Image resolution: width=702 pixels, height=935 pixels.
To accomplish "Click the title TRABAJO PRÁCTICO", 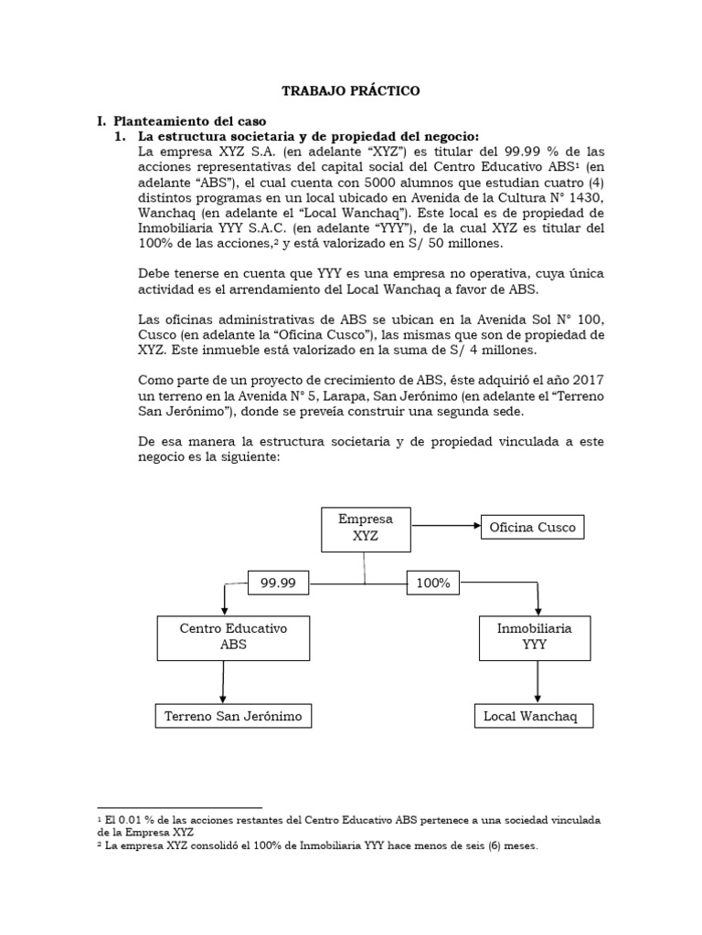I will (x=351, y=91).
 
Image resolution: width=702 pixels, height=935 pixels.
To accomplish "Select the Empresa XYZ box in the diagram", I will (x=365, y=528).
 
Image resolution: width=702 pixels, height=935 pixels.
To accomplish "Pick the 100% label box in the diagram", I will (x=433, y=582).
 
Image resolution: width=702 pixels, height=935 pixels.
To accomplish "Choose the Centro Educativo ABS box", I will (x=221, y=636).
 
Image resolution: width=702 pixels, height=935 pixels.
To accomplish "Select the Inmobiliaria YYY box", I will (x=537, y=636).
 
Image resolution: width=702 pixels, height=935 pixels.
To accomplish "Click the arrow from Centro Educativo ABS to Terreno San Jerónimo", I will (x=221, y=681).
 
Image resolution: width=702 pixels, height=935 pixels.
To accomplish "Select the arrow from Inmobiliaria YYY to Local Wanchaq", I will (x=537, y=681).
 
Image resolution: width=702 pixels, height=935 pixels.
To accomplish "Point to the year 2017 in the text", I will (x=585, y=378).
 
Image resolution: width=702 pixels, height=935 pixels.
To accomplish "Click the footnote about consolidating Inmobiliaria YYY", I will (x=320, y=846).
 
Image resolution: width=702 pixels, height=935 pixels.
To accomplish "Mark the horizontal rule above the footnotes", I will (x=179, y=807).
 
